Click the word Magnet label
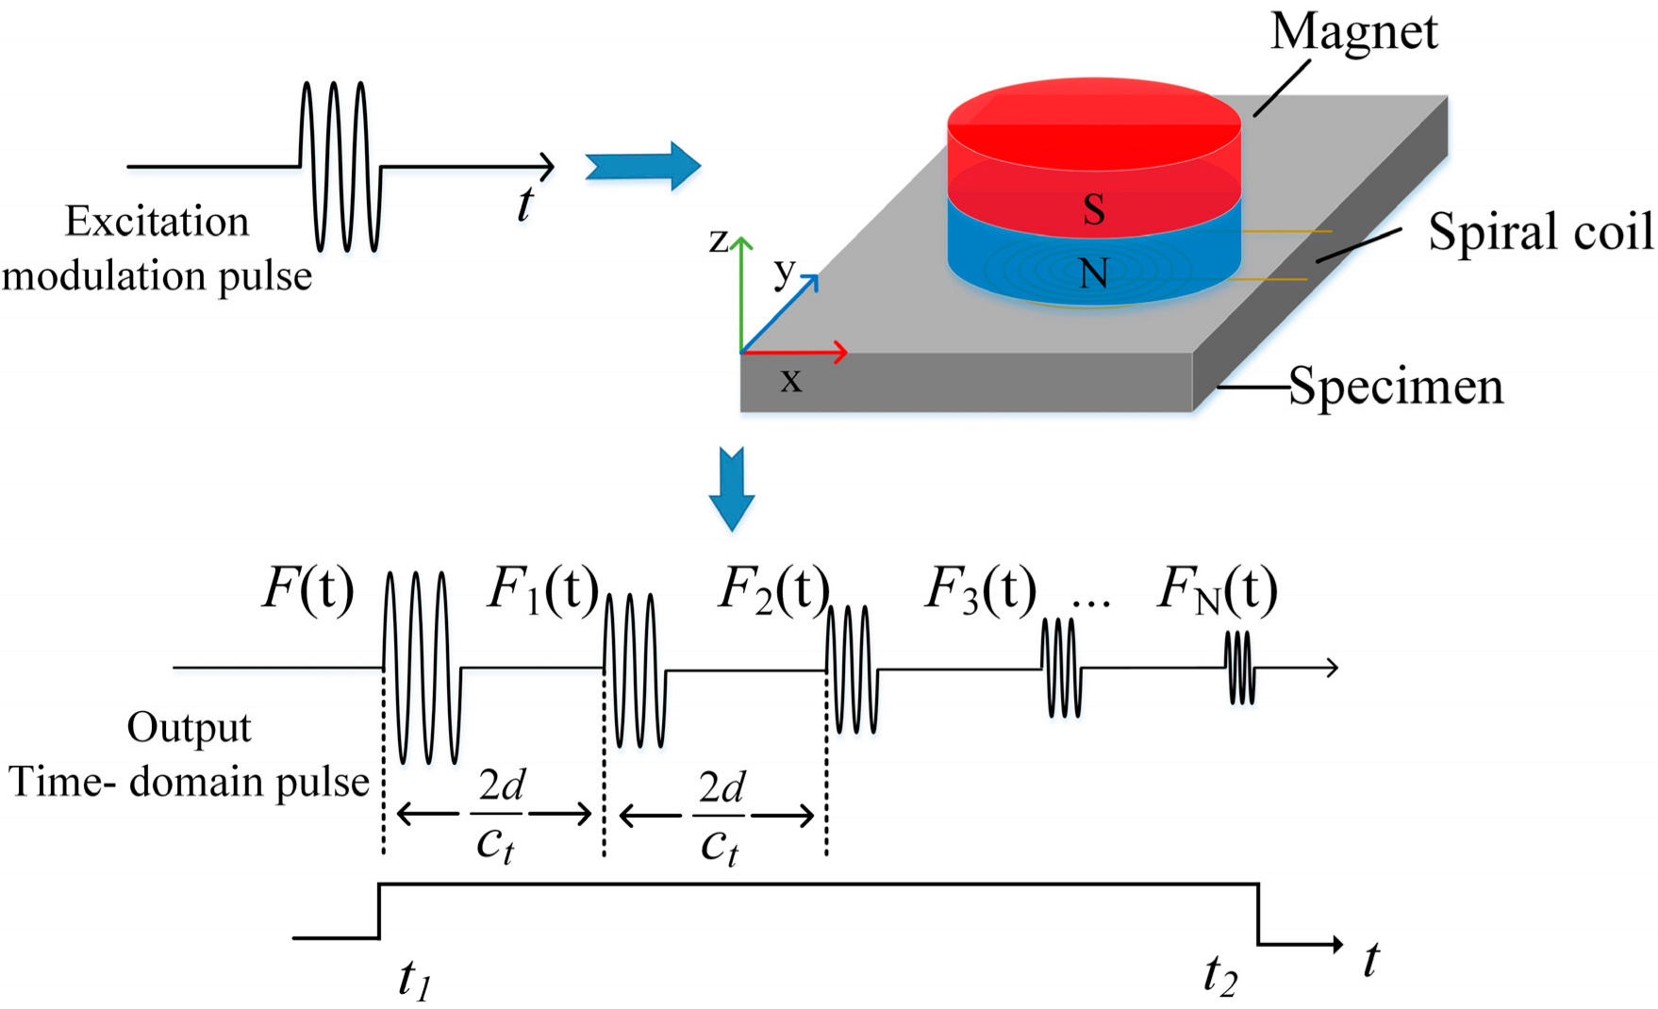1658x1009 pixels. [1353, 32]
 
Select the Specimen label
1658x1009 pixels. [1395, 387]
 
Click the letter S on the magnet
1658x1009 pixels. [1094, 209]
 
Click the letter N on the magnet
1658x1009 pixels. [1094, 274]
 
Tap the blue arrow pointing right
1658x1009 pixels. [643, 167]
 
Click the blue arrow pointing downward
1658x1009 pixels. [732, 488]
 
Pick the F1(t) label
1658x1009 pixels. [543, 591]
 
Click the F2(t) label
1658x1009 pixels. [773, 591]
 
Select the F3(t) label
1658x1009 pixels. [980, 591]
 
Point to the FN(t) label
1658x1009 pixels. [1217, 591]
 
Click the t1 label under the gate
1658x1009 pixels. [415, 979]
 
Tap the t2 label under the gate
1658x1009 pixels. [1219, 976]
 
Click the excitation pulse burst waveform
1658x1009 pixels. [340, 167]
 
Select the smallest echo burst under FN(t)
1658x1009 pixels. [1240, 668]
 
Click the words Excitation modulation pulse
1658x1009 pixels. [157, 249]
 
